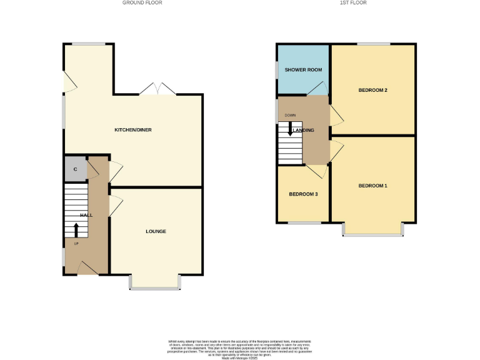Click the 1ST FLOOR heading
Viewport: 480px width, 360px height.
coord(353,3)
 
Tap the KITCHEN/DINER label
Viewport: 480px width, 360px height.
coord(132,130)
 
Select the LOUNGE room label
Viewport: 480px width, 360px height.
coord(156,231)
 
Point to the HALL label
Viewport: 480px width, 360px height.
coord(86,214)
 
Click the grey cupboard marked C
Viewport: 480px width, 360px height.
coord(75,169)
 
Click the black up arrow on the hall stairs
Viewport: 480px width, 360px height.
coord(76,229)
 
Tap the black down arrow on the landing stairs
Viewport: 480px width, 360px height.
coord(290,128)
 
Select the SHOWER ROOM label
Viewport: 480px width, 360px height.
coord(303,69)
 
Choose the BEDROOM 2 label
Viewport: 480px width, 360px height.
coord(372,91)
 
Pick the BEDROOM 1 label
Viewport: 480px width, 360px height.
coord(372,186)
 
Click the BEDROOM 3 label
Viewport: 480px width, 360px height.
coord(303,194)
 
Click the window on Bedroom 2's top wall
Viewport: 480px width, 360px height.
coord(374,44)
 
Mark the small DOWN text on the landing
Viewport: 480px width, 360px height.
coord(290,116)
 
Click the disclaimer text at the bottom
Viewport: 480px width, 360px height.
coord(239,348)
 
